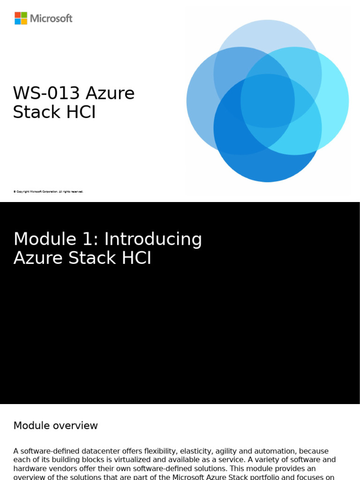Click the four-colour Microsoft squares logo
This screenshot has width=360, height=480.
[21, 18]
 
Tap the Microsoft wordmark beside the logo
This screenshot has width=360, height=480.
[51, 19]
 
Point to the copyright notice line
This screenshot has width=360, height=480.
[48, 192]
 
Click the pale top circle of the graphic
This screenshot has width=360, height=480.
[267, 37]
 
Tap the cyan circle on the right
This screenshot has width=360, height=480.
[335, 101]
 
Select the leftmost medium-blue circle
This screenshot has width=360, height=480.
[202, 101]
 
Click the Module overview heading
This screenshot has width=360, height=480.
[55, 426]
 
